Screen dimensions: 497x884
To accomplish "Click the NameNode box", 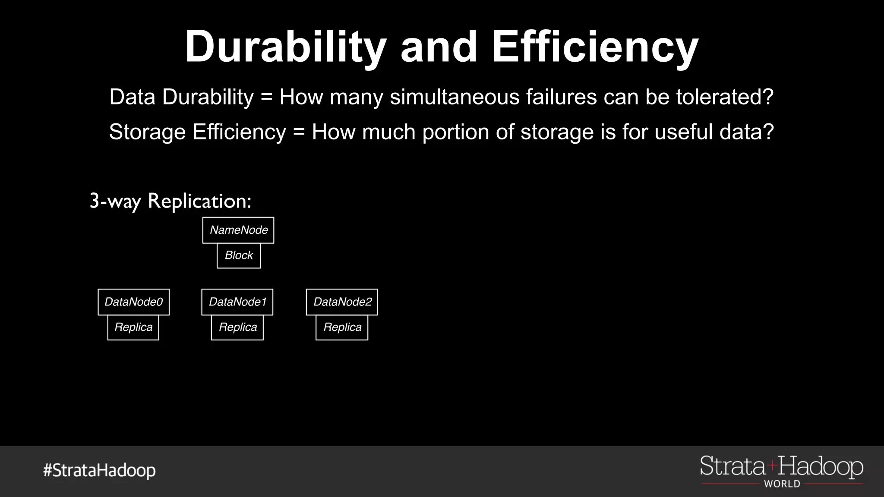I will [238, 230].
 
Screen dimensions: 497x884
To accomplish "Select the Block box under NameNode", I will [239, 255].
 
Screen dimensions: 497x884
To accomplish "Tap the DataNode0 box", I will [133, 302].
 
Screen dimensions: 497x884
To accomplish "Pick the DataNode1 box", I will [237, 302].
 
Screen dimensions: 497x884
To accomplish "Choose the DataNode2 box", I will [342, 302].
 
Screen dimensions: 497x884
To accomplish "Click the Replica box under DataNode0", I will [133, 327].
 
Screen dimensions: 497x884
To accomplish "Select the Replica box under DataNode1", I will [237, 327].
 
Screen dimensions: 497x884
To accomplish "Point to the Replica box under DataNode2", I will [342, 327].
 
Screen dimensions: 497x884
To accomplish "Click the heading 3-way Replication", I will [170, 201].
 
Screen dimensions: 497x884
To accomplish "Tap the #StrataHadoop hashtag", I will [99, 470].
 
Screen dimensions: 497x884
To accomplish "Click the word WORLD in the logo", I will [782, 484].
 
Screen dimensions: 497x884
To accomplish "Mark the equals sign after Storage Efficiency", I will [299, 132].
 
